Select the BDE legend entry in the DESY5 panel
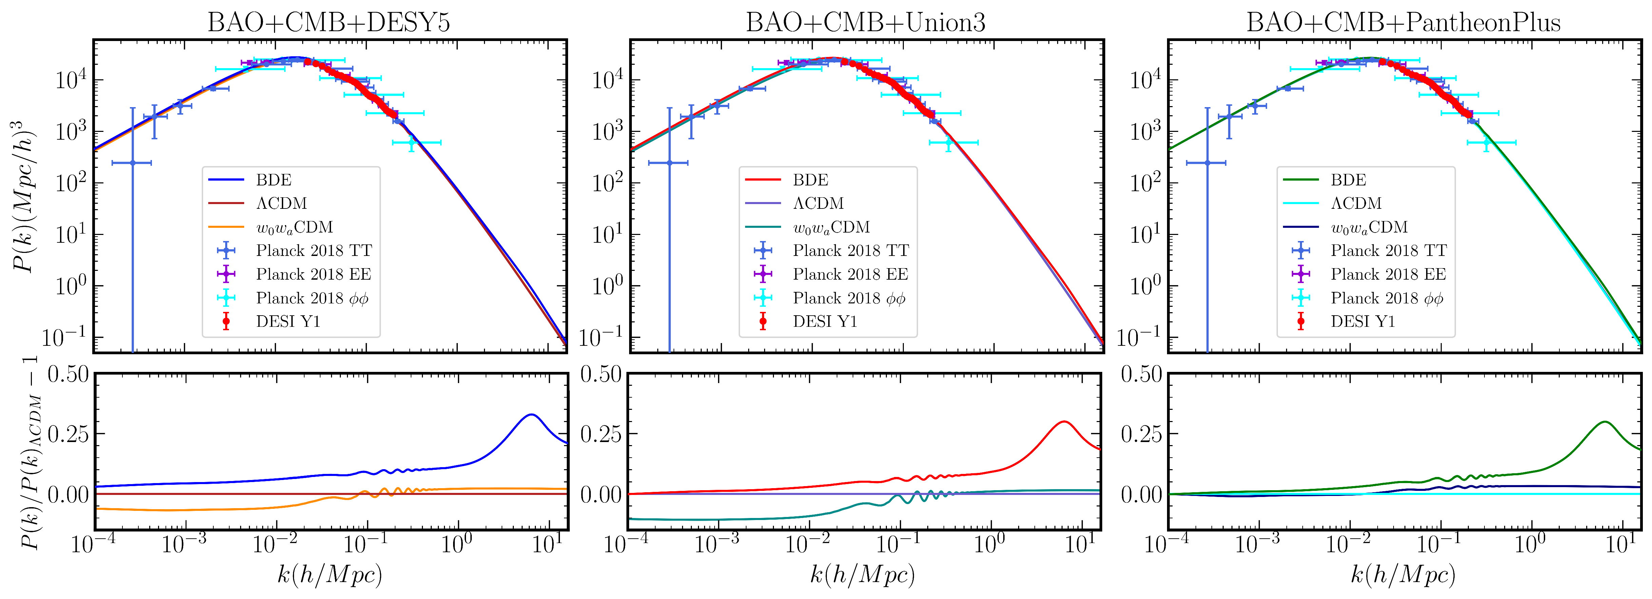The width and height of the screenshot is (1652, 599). (274, 180)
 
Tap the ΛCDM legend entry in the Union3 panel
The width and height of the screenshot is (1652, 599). (818, 203)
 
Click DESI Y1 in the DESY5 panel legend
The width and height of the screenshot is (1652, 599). (288, 321)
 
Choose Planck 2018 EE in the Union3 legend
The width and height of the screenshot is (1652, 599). (850, 275)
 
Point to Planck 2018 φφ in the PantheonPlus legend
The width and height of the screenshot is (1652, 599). (1386, 298)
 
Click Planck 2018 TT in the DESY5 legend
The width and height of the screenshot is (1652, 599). (314, 251)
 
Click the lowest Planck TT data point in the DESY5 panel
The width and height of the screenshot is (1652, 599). (132, 163)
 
